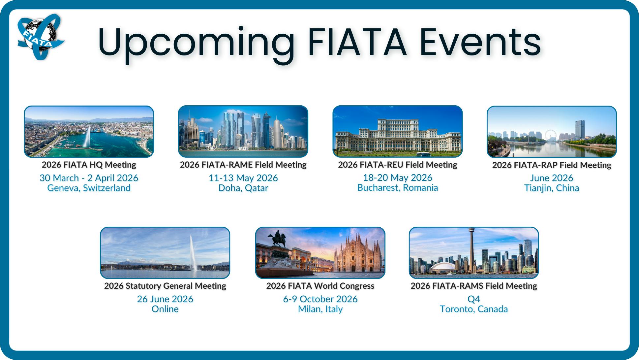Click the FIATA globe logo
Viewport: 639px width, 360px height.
click(x=40, y=36)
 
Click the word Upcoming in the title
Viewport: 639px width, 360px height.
click(x=196, y=43)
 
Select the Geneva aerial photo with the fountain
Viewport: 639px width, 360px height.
click(x=89, y=131)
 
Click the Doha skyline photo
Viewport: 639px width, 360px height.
click(x=243, y=131)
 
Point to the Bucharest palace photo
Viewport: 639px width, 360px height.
click(x=397, y=131)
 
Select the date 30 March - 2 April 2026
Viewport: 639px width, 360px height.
click(x=89, y=178)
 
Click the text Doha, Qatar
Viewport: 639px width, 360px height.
click(x=243, y=188)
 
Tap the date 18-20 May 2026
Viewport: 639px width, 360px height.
click(x=397, y=178)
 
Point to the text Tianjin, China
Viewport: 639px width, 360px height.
click(x=552, y=188)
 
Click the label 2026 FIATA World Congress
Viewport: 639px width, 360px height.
click(x=320, y=286)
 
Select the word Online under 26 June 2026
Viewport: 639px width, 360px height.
click(x=165, y=309)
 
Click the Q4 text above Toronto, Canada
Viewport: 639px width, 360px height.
click(x=474, y=299)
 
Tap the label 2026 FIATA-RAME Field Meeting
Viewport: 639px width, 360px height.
click(x=243, y=165)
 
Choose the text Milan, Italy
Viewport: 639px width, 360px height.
click(x=320, y=309)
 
